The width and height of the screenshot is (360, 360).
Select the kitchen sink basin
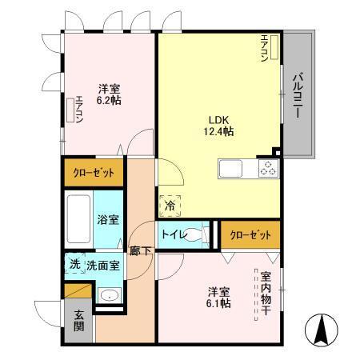232,169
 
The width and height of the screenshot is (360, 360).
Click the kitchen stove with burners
267,169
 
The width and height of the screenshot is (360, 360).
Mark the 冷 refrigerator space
170,206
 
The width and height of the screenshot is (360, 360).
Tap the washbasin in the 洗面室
109,295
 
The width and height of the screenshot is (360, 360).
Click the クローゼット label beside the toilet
250,234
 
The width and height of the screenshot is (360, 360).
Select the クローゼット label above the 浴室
94,172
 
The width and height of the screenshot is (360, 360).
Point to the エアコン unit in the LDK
275,50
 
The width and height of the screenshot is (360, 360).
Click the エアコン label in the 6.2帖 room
78,110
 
